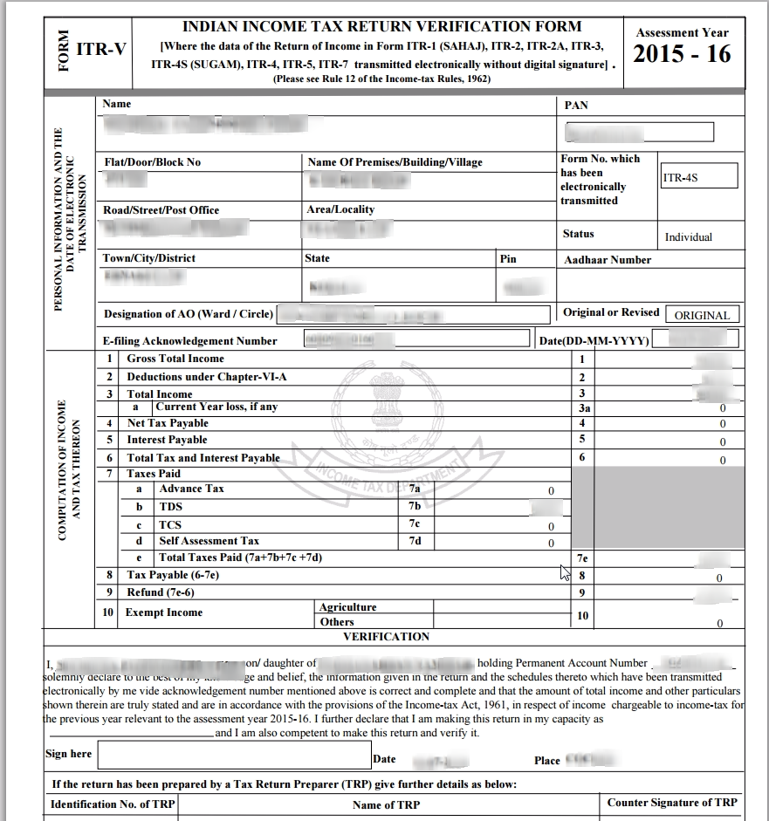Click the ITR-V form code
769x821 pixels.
coord(100,50)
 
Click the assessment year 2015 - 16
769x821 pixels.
coord(682,54)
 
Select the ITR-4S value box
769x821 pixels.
coord(698,176)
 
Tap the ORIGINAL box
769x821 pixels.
coord(702,315)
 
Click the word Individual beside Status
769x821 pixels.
coord(688,237)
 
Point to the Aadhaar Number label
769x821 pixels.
coord(607,260)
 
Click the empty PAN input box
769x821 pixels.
coord(639,132)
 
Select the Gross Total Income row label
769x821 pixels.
coord(175,359)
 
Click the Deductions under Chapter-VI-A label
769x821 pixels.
coord(206,377)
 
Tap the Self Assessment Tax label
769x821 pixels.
coord(209,541)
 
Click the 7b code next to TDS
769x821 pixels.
coord(415,506)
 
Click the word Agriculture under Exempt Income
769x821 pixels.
coord(347,607)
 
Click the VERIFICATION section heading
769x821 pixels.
coord(386,637)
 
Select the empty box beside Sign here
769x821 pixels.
coord(232,756)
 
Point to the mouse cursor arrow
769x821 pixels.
coord(565,572)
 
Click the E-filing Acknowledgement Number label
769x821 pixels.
coord(189,341)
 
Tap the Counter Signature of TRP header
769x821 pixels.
coord(671,803)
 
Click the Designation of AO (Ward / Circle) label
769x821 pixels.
coord(188,314)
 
